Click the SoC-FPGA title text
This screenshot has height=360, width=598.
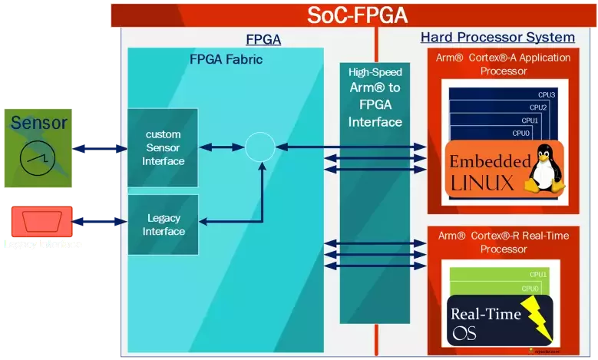tap(357, 15)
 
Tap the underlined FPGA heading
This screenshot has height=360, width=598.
tap(263, 40)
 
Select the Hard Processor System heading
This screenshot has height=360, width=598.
tap(497, 38)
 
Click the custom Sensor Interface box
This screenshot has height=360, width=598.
tap(163, 147)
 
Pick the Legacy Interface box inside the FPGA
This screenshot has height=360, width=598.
tap(163, 224)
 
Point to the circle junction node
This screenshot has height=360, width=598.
tap(260, 147)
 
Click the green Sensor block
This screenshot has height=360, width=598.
tap(38, 148)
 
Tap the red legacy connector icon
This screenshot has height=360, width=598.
tap(41, 222)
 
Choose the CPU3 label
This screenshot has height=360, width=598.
tap(546, 95)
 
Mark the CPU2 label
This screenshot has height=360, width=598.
tap(538, 107)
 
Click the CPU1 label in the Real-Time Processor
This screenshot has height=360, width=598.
tap(537, 274)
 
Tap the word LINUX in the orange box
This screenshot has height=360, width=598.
tap(482, 183)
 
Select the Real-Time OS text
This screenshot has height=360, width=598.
tap(485, 323)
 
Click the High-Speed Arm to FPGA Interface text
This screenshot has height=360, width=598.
tap(375, 97)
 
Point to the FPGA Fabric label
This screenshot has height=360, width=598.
tap(226, 59)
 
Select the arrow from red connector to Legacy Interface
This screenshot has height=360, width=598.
tap(100, 222)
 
